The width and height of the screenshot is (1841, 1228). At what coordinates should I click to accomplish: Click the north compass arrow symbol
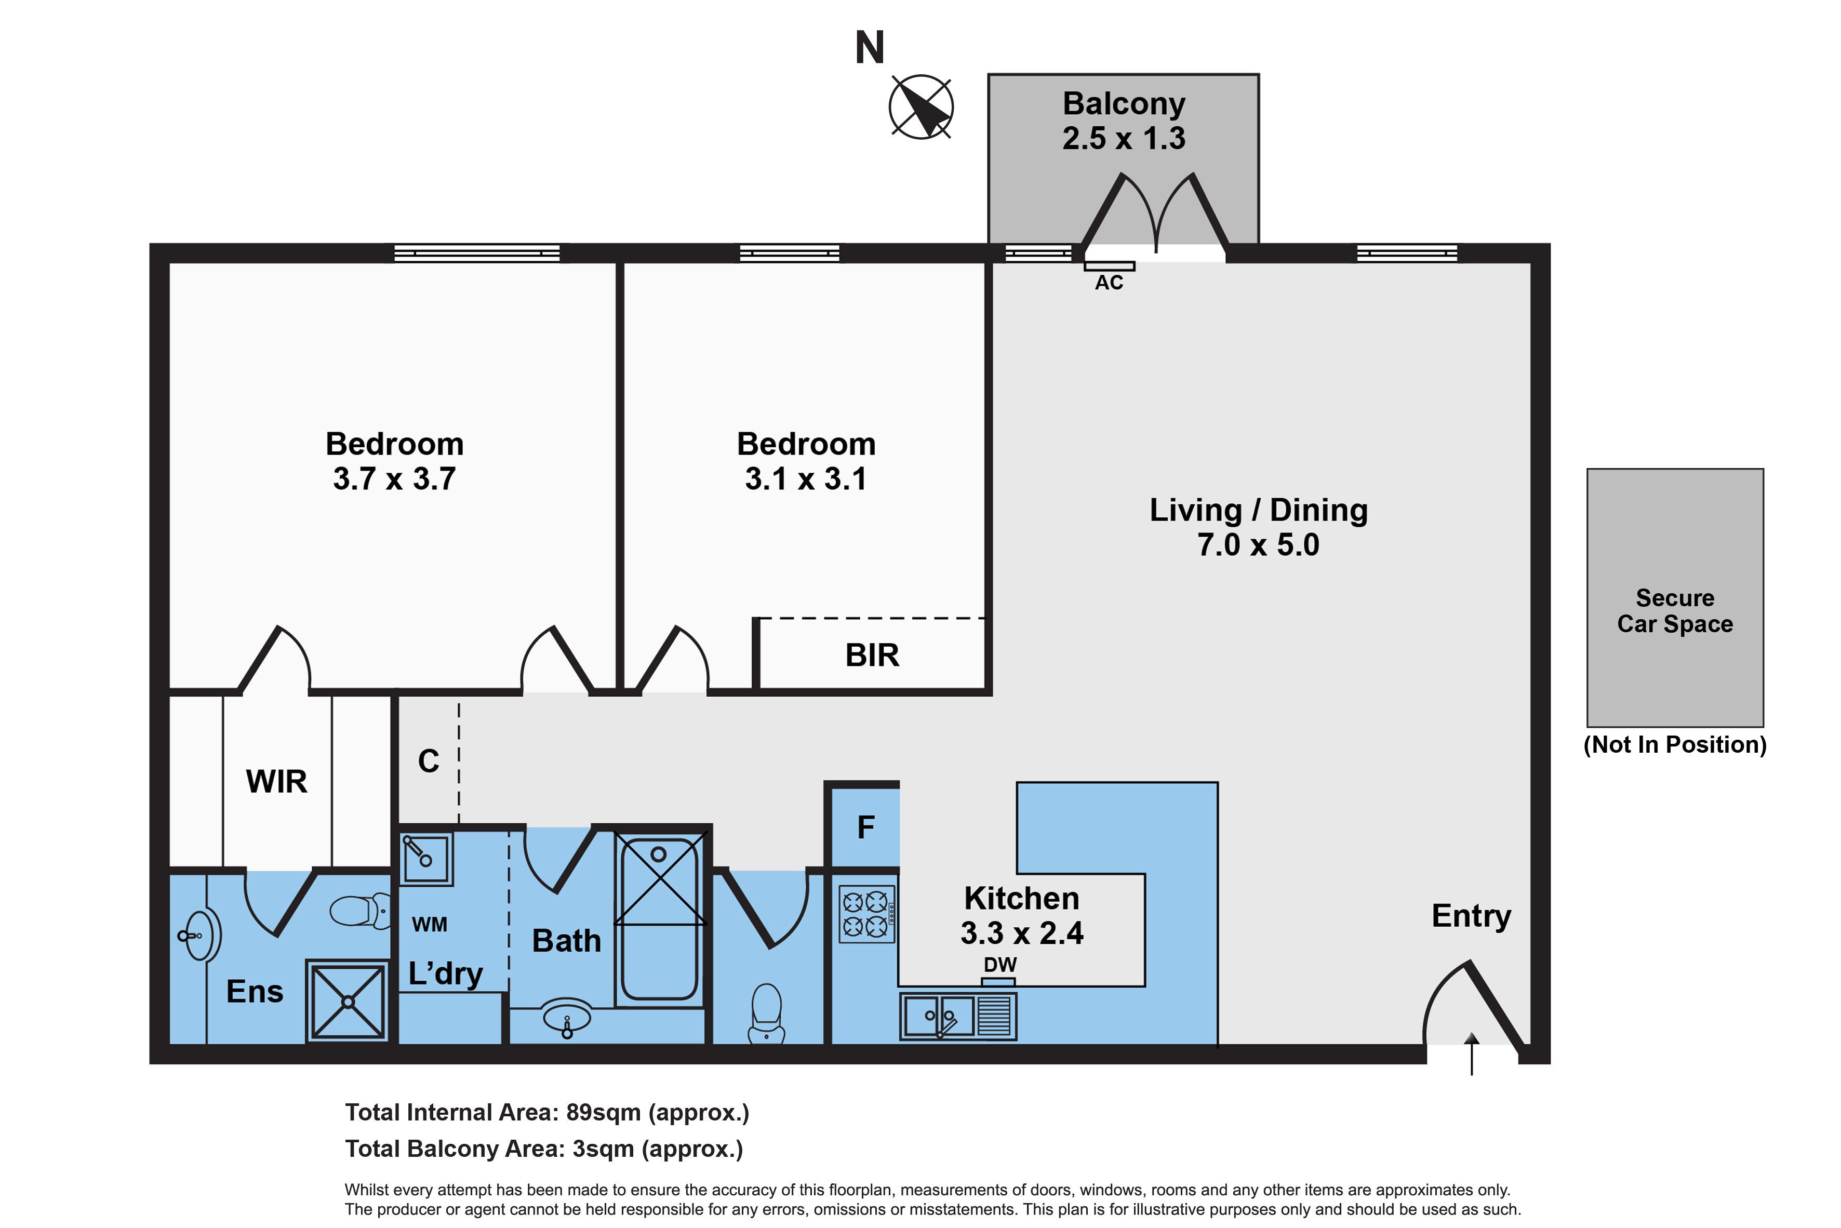[x=921, y=108]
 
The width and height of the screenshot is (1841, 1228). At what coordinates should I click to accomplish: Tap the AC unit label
[x=1109, y=283]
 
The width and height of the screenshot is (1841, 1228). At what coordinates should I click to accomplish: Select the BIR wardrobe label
[x=872, y=655]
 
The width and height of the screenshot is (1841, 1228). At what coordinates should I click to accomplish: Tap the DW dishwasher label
[x=1000, y=965]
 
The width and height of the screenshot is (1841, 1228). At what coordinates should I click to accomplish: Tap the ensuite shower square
[x=348, y=1001]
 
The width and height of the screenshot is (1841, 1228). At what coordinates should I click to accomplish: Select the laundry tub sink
[x=425, y=858]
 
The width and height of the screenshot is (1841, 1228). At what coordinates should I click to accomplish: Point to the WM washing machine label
[x=429, y=924]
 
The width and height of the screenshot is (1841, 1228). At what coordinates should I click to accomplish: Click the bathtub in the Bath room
[x=659, y=920]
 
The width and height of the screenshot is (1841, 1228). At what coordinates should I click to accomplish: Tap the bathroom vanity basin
[x=567, y=1019]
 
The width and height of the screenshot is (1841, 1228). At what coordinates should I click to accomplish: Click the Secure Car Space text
[x=1674, y=611]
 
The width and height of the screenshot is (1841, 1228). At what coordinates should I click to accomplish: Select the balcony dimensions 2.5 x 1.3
[x=1123, y=139]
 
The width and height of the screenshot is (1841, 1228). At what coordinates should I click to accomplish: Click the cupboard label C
[x=429, y=761]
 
